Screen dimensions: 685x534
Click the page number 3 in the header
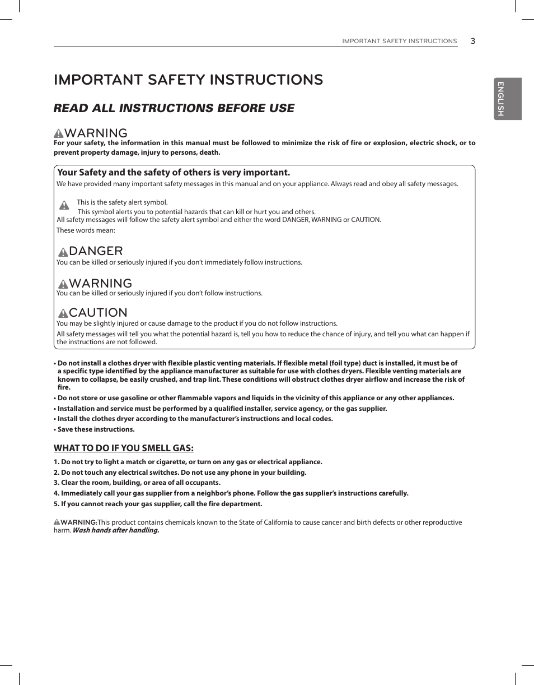472,41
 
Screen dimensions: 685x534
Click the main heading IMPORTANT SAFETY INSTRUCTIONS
188,80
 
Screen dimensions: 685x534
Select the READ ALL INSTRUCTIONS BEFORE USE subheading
174,108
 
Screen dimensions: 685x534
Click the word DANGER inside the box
96,251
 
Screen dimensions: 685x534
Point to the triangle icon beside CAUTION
63,313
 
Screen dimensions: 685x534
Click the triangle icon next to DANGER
63,252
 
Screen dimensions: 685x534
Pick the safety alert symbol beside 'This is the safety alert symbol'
64,205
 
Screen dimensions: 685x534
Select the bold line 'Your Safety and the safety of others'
174,173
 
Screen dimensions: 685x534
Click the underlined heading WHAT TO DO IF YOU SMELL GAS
123,448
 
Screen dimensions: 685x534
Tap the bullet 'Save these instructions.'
95,429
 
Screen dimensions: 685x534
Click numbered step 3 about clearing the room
137,483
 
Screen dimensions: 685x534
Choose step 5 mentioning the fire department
158,504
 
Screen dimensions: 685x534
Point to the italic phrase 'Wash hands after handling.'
116,530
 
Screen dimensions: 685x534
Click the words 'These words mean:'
86,230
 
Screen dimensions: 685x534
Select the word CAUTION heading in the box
98,312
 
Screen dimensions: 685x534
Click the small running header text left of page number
399,41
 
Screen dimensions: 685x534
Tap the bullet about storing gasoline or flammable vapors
255,398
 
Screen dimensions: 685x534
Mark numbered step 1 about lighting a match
188,462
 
